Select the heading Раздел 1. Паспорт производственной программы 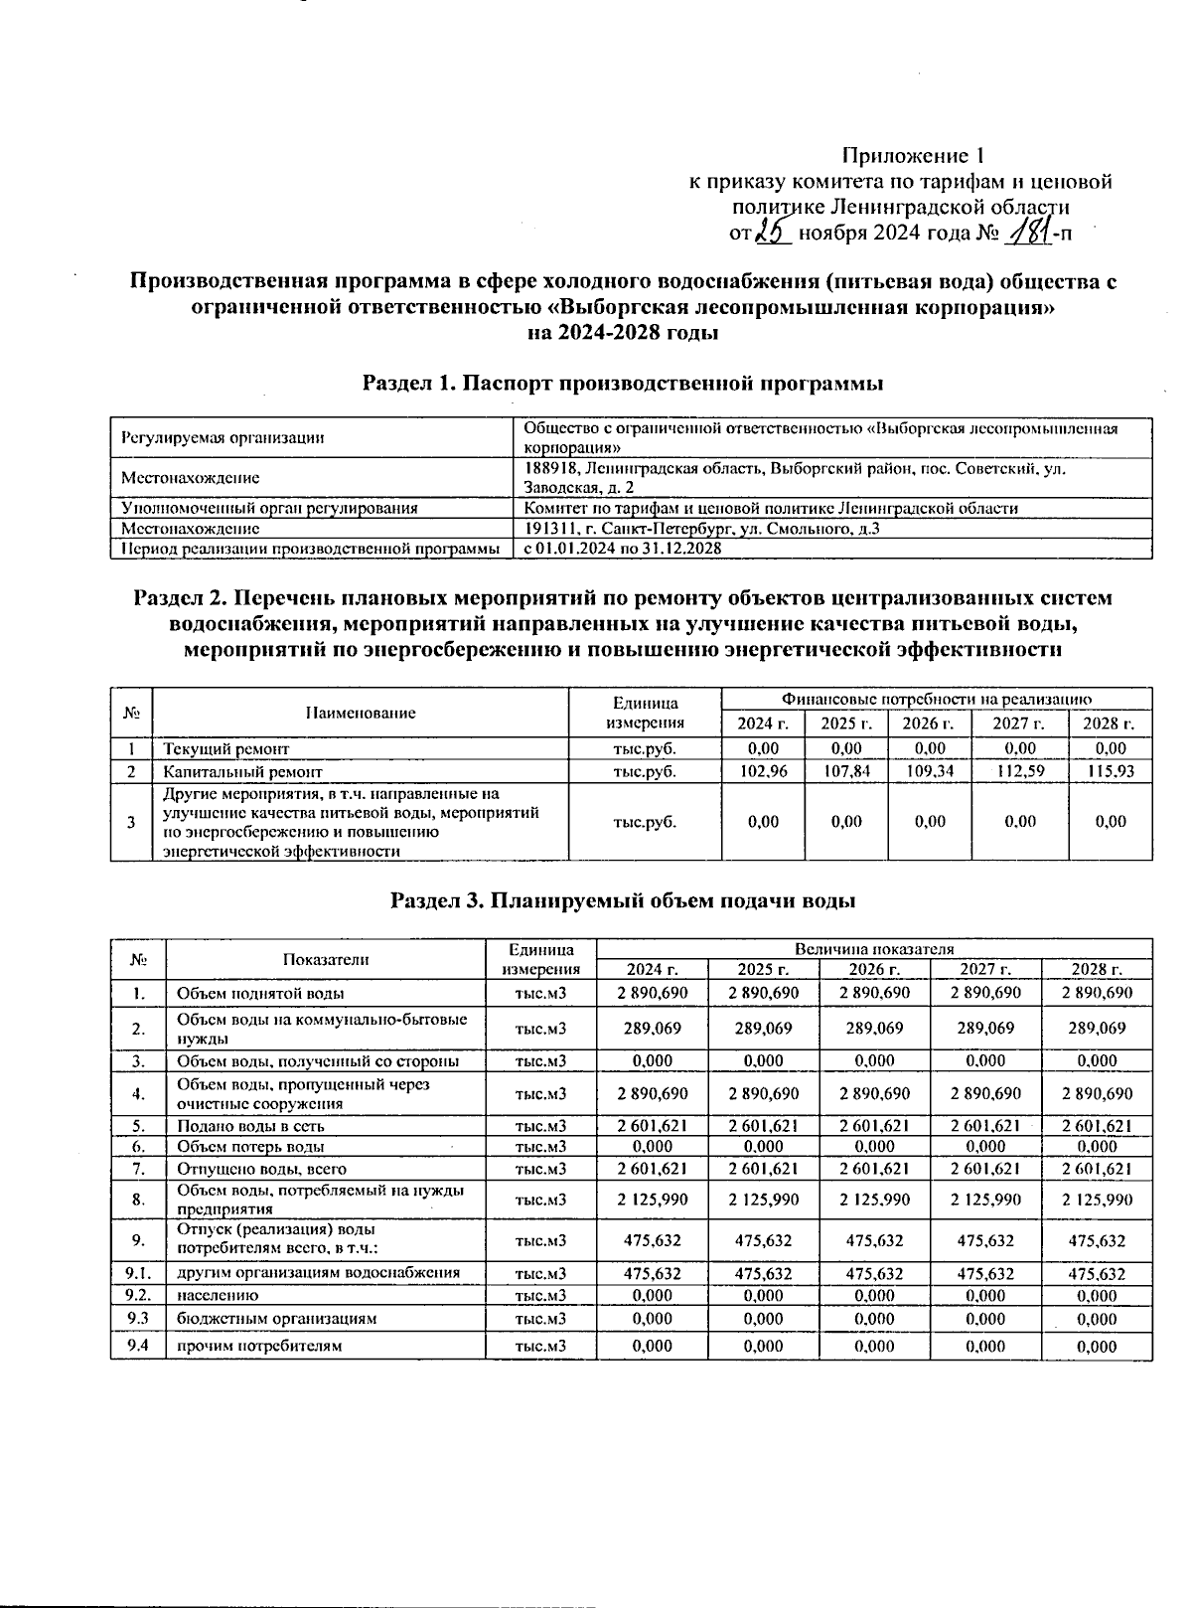623,384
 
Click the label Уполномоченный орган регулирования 268,508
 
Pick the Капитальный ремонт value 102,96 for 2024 763,771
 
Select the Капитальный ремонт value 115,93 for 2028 1111,771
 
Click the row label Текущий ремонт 225,748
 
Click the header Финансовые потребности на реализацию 937,699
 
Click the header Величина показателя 873,949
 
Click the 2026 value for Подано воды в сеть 874,1126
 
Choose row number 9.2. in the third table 137,1295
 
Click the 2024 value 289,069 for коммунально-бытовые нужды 652,1028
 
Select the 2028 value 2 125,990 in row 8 1097,1200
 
